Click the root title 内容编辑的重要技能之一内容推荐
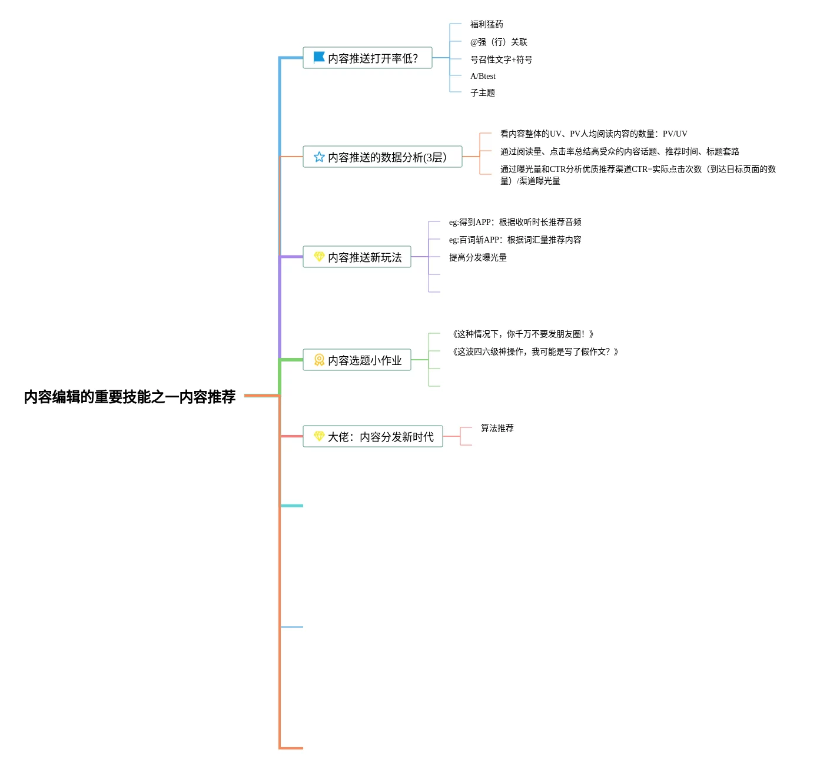[x=130, y=397]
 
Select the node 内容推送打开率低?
[x=373, y=58]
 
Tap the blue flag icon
[x=319, y=57]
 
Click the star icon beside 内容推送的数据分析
[x=319, y=157]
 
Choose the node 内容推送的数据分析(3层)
[x=387, y=157]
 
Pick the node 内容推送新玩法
[x=364, y=257]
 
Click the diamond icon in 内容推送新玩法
[x=319, y=257]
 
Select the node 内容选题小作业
[x=364, y=360]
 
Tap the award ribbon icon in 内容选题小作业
[x=319, y=360]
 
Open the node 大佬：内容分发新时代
[x=380, y=437]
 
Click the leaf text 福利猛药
[x=486, y=24]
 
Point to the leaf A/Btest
[x=483, y=76]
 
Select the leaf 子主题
[x=482, y=92]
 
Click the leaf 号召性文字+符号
[x=501, y=59]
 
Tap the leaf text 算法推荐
[x=497, y=428]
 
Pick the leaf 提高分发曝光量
[x=477, y=257]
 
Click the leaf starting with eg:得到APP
[x=514, y=222]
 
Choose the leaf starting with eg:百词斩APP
[x=514, y=240]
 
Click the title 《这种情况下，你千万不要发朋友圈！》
[x=522, y=334]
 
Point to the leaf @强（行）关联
[x=498, y=42]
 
